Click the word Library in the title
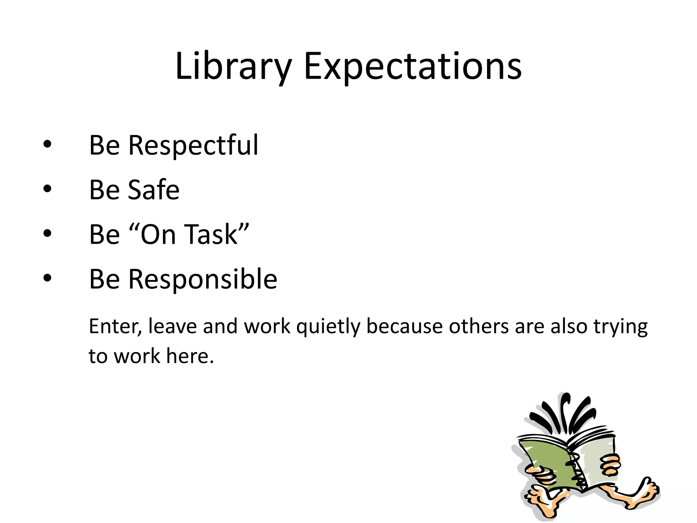pos(233,67)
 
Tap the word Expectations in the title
pos(412,67)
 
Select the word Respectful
pos(193,146)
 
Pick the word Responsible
pos(203,279)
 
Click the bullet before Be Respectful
pos(47,144)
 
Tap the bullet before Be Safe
pos(47,189)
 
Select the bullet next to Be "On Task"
pos(47,234)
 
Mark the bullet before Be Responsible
pos(47,278)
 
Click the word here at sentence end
pos(190,356)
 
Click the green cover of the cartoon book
pos(545,460)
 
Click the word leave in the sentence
pos(173,326)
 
